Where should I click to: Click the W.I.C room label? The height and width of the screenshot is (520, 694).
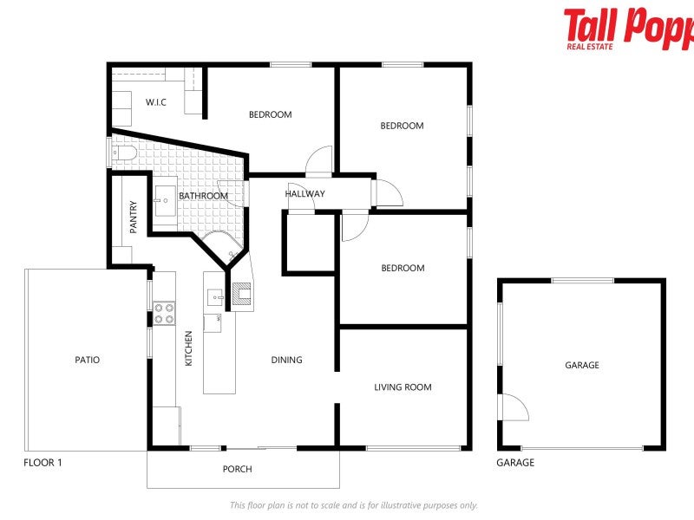pos(156,102)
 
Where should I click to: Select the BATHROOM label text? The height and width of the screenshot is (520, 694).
pos(203,196)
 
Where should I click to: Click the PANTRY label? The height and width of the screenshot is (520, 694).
pos(133,218)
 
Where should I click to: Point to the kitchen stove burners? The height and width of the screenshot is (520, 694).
pos(164,314)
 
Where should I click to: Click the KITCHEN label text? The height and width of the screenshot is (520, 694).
pos(188,348)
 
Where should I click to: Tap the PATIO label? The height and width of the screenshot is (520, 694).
pos(87,360)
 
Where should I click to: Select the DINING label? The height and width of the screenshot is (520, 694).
pos(286,360)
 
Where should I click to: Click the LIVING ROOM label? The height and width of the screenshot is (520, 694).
pos(403,387)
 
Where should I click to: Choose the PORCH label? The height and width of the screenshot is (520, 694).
pos(237,470)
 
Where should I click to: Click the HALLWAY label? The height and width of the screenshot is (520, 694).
pos(304,193)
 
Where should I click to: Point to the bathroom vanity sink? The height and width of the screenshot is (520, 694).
pos(165,200)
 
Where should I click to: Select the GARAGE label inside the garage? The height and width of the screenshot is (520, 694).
pos(582,366)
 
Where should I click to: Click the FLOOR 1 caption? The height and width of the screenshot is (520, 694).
pos(43,463)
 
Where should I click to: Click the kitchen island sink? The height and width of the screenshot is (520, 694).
pos(214,297)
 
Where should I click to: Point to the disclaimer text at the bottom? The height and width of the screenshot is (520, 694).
pos(353,505)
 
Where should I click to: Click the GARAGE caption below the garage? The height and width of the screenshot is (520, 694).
pos(515,463)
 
